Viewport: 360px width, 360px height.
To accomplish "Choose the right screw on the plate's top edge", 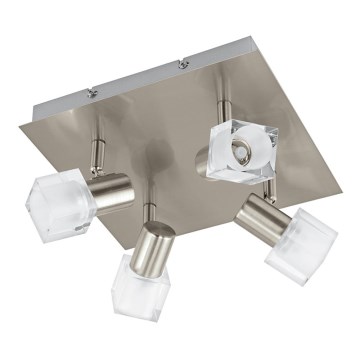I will click(183, 66).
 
